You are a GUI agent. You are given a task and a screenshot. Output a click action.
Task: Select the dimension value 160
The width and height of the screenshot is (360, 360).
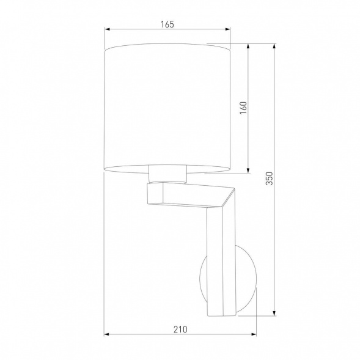click(243, 108)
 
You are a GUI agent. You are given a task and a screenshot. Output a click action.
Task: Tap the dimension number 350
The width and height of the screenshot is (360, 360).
click(268, 179)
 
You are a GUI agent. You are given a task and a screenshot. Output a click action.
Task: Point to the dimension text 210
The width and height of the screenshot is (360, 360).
click(180, 328)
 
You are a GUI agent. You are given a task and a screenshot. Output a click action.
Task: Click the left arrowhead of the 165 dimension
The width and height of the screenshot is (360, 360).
click(108, 29)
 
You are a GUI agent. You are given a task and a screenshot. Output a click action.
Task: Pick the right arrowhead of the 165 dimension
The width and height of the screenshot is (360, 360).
click(229, 29)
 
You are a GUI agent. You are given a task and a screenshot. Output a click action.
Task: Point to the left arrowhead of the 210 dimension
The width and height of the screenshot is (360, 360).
click(108, 334)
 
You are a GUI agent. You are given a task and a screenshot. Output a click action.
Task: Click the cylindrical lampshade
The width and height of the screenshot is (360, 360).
click(168, 107)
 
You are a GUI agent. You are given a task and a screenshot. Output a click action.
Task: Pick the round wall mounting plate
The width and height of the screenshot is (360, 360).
click(244, 277)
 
